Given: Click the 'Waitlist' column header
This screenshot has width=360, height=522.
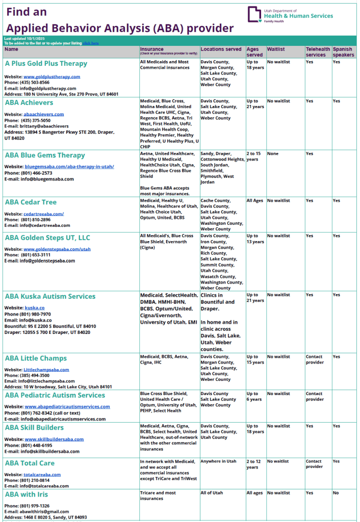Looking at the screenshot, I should (276, 49).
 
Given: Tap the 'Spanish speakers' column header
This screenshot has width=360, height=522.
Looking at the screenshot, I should (343, 52).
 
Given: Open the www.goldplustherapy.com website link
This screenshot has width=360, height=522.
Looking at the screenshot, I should (52, 76).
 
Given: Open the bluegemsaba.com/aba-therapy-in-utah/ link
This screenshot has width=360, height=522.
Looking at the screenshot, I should (69, 167).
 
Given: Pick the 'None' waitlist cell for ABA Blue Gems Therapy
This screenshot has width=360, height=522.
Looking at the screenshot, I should (273, 153).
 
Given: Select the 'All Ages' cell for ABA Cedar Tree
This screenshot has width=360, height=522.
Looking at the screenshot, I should (254, 201).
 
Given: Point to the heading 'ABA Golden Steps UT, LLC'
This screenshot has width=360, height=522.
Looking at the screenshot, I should (47, 238).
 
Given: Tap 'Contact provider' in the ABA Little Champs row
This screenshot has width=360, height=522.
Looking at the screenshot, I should (315, 359).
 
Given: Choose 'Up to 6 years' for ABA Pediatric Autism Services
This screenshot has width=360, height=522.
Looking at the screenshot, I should (255, 397).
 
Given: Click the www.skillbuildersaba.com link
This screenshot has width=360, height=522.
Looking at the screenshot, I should (54, 439).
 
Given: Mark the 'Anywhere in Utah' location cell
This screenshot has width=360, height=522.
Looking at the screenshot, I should (219, 461).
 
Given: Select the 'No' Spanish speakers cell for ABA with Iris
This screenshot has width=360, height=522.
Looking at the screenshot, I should (336, 493).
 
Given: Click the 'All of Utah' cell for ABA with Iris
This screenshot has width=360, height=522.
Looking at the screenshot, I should (212, 493).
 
